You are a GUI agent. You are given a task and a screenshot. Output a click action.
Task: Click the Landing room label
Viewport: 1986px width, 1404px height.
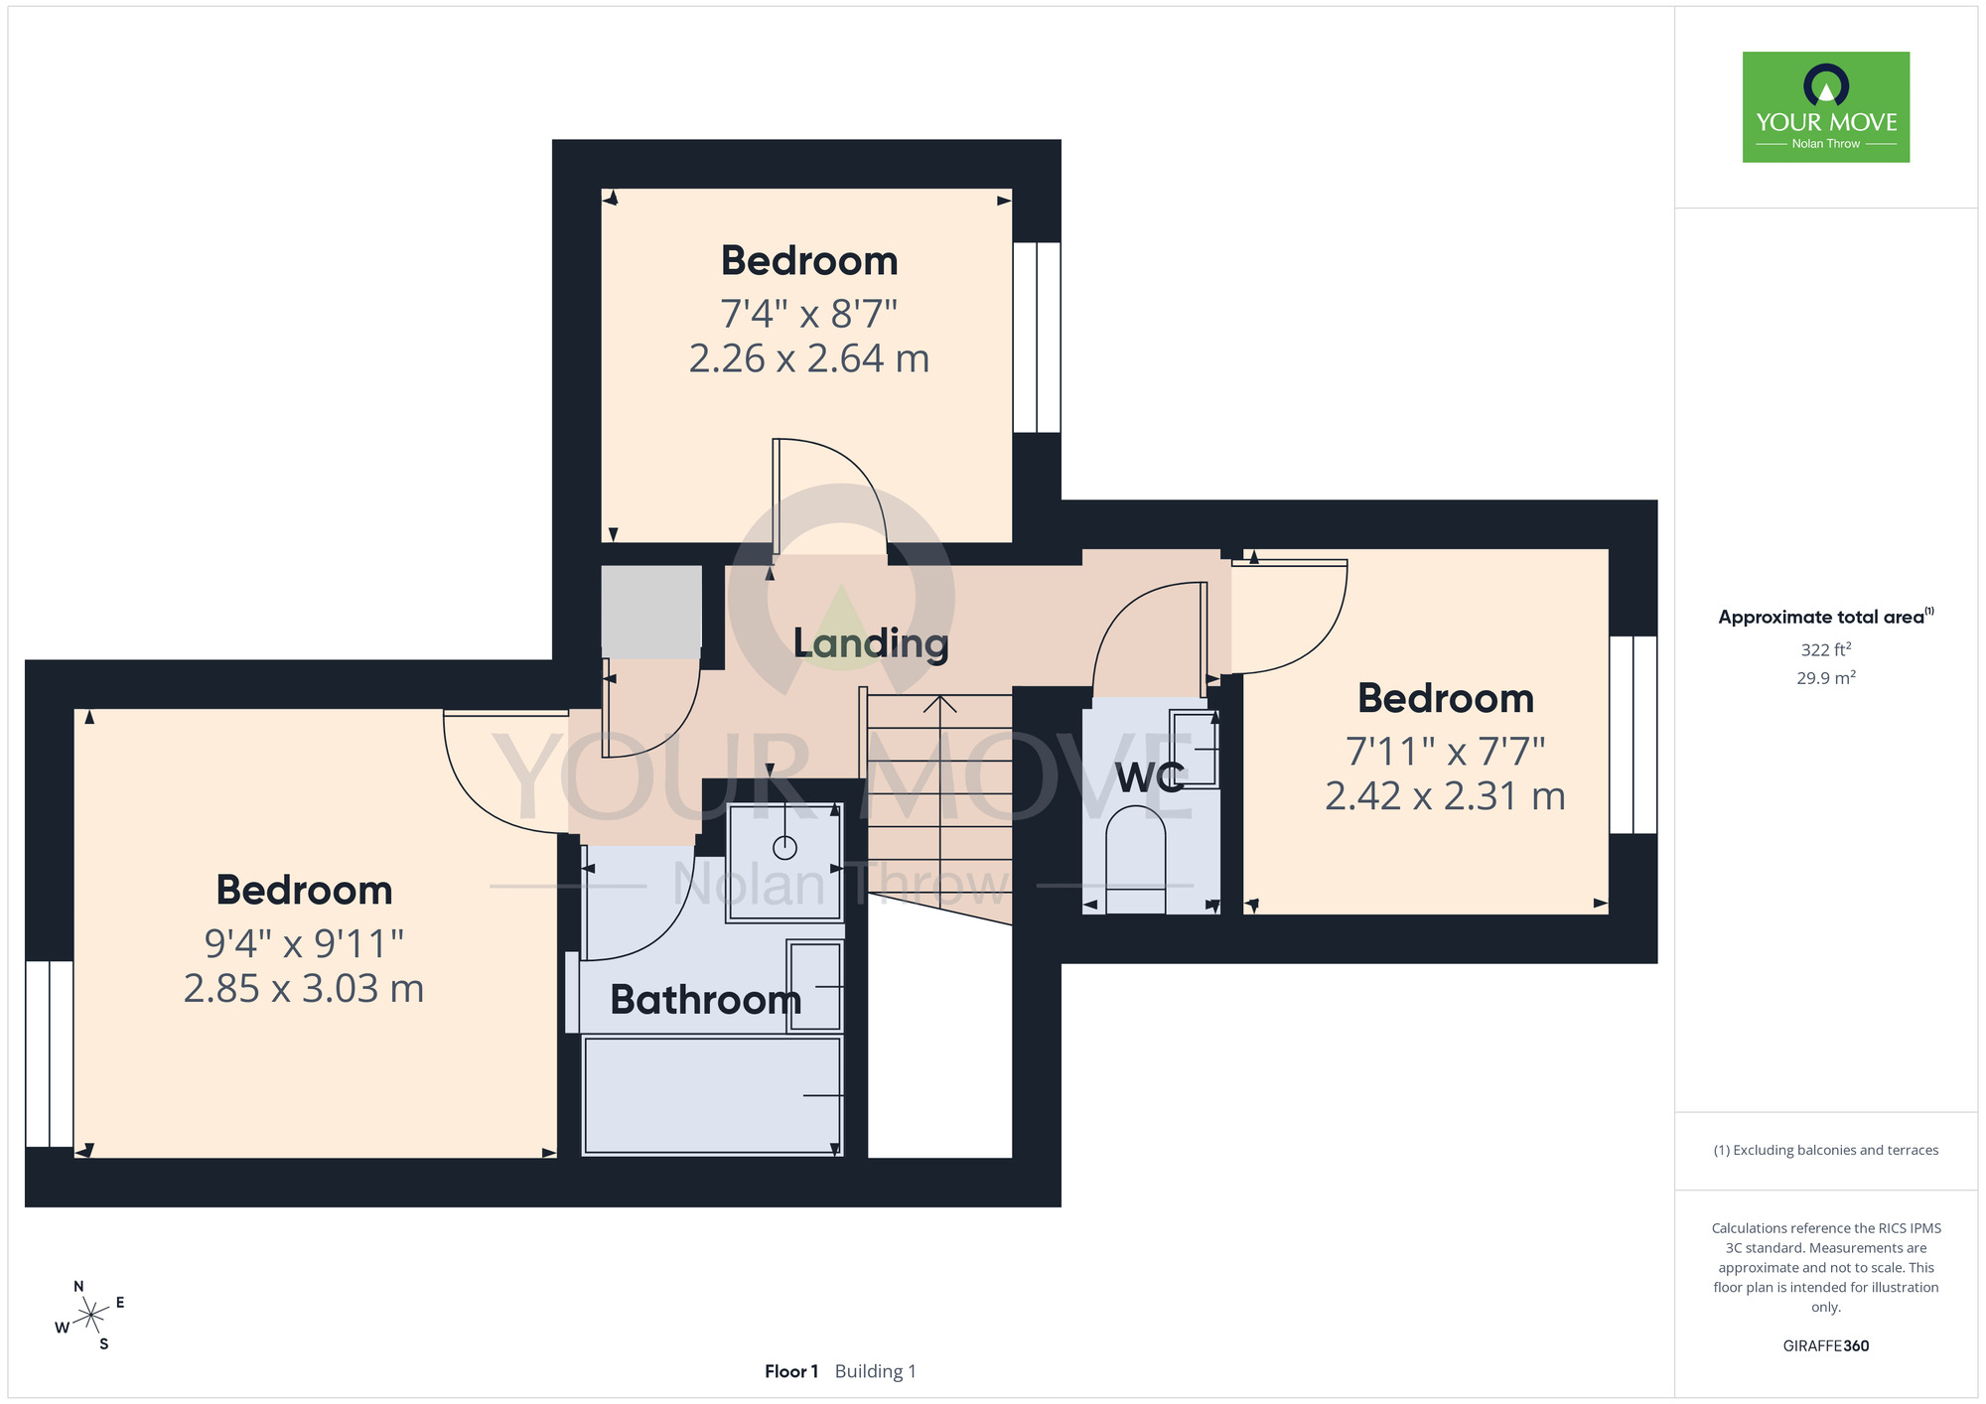click(871, 644)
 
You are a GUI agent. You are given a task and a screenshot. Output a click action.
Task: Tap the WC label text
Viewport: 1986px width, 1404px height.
click(1150, 778)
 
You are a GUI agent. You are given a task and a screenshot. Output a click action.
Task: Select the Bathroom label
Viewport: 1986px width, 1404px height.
click(705, 1000)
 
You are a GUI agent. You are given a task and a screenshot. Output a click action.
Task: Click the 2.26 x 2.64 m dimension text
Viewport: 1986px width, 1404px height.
click(809, 358)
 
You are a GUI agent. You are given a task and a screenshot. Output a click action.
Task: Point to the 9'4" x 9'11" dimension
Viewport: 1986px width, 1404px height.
click(304, 943)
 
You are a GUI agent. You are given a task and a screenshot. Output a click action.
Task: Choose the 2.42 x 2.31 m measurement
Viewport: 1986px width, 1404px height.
click(1445, 796)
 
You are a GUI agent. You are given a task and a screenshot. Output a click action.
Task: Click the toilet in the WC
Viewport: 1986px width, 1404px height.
click(1136, 859)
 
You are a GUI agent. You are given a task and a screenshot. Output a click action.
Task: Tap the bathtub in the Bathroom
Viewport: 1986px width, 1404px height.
click(712, 1095)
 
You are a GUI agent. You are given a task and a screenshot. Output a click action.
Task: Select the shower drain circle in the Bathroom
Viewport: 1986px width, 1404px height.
click(784, 848)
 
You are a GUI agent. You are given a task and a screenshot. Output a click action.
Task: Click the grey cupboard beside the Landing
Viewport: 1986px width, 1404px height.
click(651, 612)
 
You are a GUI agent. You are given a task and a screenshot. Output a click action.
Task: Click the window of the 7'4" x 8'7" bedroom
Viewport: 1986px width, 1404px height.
click(1037, 338)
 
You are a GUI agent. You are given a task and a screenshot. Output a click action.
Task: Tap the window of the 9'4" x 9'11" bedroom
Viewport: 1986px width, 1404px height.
click(50, 1053)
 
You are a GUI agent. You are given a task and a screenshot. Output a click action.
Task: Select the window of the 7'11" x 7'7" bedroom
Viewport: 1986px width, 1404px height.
click(1633, 735)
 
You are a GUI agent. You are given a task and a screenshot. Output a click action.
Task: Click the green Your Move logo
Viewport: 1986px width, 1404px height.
click(1826, 107)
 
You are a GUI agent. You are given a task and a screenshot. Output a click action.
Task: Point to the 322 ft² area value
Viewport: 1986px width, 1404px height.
click(1826, 649)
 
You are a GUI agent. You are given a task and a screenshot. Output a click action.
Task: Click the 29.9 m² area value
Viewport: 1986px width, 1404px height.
click(1826, 678)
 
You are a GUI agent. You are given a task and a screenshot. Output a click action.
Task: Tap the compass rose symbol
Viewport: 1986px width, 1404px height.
click(90, 1316)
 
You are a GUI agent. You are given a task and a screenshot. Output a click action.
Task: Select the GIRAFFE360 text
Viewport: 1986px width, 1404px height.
click(1826, 1346)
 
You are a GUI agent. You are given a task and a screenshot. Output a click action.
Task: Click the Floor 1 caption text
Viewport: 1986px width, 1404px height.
click(791, 1371)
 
